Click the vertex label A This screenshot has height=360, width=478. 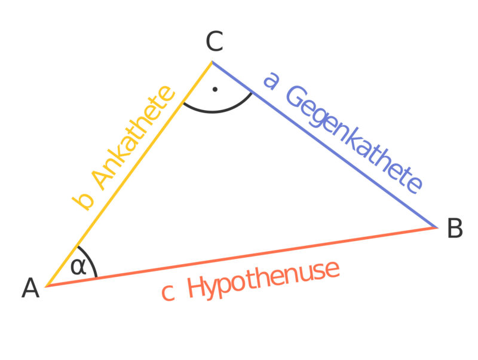(30, 289)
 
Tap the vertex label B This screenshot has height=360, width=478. (455, 229)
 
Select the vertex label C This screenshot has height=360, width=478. (214, 42)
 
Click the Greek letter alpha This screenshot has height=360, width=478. (78, 266)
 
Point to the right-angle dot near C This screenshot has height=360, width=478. (215, 90)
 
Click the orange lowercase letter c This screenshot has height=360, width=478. (168, 293)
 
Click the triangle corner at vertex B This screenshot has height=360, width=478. (437, 227)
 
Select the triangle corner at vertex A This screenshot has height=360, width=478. (47, 286)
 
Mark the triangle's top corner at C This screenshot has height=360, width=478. (212, 62)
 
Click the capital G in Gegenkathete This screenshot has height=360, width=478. (295, 97)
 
